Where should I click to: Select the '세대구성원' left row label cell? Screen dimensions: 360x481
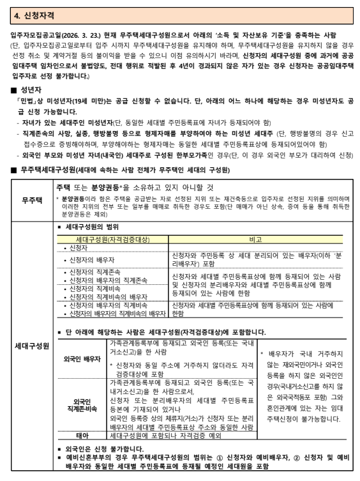(29, 346)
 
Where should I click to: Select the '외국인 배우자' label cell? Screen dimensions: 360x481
(82, 359)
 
